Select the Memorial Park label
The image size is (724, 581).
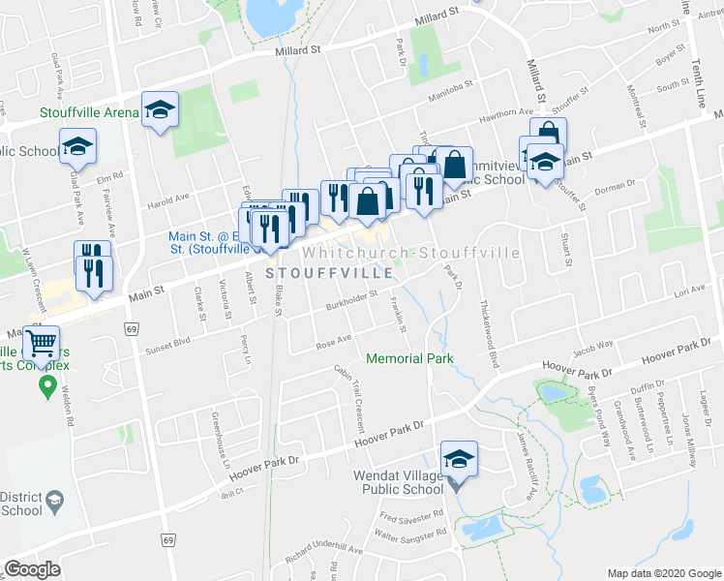[x=409, y=359]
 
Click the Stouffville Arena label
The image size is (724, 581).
[x=90, y=112]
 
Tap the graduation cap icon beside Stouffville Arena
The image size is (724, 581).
[x=160, y=109]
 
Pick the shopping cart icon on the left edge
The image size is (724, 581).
[x=42, y=342]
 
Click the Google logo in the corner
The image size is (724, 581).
[x=32, y=569]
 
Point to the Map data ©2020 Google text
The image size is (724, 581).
[x=664, y=573]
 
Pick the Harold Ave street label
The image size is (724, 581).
[x=167, y=202]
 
